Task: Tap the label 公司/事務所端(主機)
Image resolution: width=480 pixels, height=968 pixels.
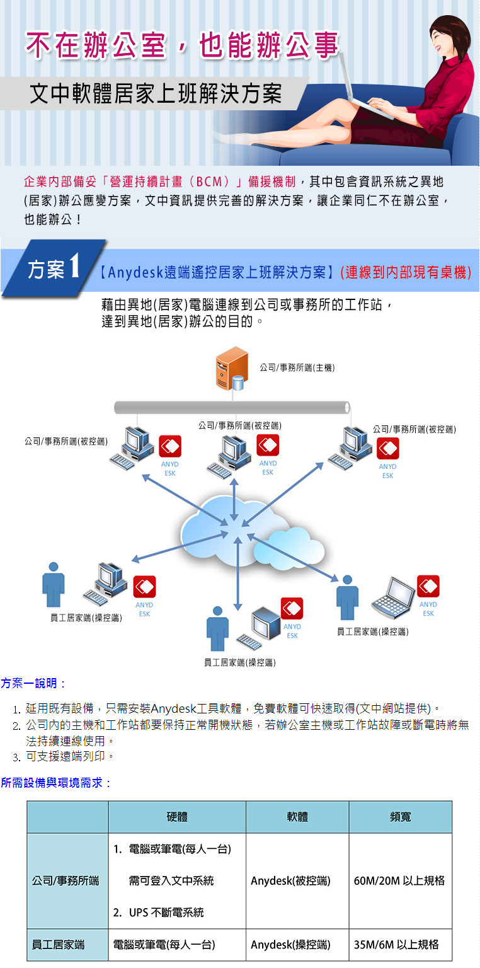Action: click(297, 367)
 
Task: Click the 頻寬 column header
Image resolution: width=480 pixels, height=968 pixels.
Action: click(400, 817)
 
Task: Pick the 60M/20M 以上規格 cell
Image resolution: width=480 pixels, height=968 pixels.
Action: click(400, 880)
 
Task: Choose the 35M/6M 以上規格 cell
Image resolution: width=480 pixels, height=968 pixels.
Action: click(397, 945)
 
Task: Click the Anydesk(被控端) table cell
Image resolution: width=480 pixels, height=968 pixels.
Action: click(290, 880)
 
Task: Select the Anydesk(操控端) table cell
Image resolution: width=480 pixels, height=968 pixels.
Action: click(290, 945)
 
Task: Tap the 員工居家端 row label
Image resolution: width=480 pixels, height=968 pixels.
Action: click(58, 945)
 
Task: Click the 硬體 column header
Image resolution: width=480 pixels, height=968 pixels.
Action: click(177, 817)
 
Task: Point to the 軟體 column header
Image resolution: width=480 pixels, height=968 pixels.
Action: click(297, 817)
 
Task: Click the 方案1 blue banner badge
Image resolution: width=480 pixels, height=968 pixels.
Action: click(54, 270)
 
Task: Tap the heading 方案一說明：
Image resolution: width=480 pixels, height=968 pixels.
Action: click(33, 683)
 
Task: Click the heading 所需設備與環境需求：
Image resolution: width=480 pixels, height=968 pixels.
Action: click(56, 783)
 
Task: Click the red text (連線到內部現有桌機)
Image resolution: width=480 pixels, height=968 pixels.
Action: click(406, 273)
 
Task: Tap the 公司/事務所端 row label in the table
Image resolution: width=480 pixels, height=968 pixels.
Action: click(66, 880)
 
